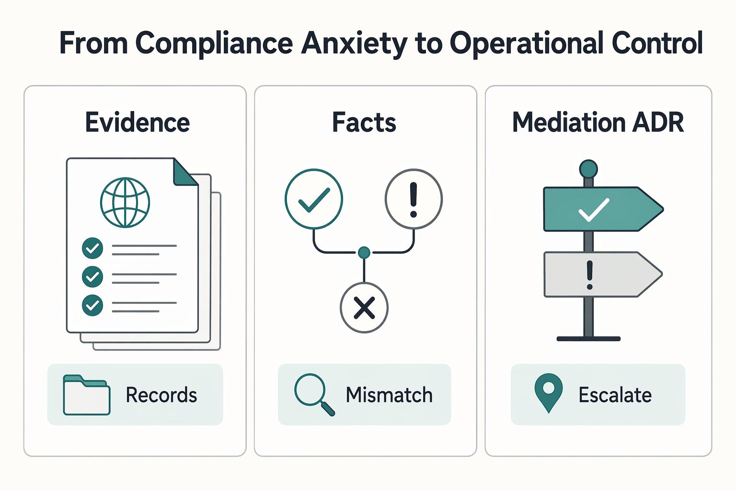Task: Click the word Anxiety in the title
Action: click(x=354, y=44)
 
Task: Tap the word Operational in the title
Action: click(x=526, y=44)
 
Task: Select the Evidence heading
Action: click(x=138, y=122)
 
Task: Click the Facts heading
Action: click(x=364, y=122)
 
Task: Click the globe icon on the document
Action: click(x=125, y=202)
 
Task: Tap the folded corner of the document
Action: click(x=185, y=172)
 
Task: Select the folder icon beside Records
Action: click(x=86, y=395)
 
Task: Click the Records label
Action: click(x=161, y=395)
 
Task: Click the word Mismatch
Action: click(x=389, y=395)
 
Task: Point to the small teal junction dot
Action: click(x=364, y=252)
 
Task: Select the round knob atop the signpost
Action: click(x=588, y=169)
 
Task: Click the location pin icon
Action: click(x=548, y=393)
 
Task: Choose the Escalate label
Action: click(x=615, y=395)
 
